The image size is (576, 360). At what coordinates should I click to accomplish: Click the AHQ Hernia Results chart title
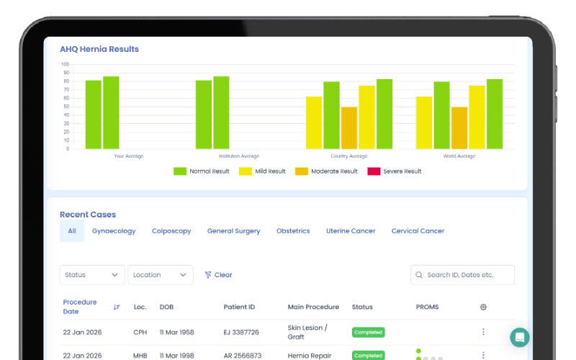[x=99, y=50]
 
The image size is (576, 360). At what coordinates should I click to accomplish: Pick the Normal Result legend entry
[x=202, y=171]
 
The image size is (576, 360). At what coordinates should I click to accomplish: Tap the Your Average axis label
[x=130, y=156]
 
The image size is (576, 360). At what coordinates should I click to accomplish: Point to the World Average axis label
[x=459, y=156]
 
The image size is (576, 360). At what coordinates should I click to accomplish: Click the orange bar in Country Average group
[x=348, y=128]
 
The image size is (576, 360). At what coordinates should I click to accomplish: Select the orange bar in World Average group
[x=459, y=128]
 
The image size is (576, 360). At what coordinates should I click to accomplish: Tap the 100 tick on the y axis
[x=66, y=64]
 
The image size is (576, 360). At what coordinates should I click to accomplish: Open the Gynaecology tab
[x=114, y=231]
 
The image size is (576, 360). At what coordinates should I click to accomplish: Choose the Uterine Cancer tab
[x=351, y=231]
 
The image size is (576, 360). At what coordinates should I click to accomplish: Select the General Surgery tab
[x=233, y=231]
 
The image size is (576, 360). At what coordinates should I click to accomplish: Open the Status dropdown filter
[x=92, y=275]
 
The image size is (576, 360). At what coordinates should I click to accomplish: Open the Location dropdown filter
[x=161, y=275]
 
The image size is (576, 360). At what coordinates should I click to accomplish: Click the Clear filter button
[x=219, y=275]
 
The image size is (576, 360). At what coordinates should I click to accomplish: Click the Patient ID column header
[x=239, y=307]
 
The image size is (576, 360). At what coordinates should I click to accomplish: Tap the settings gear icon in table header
[x=483, y=307]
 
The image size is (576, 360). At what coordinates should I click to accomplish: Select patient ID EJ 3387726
[x=241, y=333]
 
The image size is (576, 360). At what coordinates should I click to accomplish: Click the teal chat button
[x=519, y=337]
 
